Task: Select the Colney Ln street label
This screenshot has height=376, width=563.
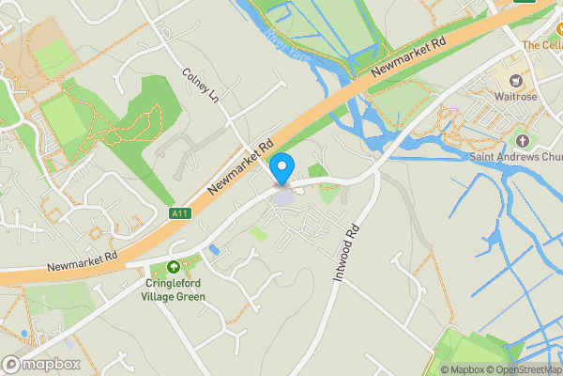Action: pyautogui.click(x=200, y=84)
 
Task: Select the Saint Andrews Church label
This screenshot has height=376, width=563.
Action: pyautogui.click(x=517, y=156)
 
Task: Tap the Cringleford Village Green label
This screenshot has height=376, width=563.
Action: pyautogui.click(x=174, y=289)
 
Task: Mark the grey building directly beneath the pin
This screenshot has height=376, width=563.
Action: pyautogui.click(x=282, y=197)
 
